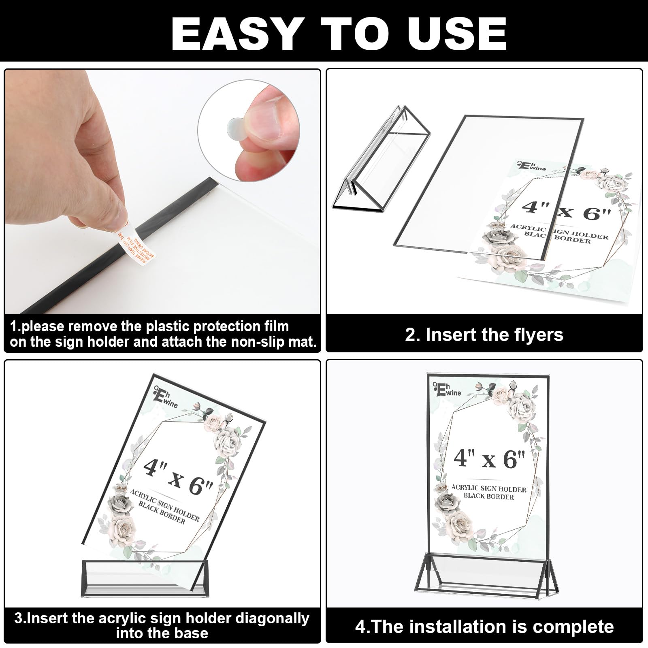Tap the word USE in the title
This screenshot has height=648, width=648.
point(457,33)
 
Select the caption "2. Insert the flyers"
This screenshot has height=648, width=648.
point(484,335)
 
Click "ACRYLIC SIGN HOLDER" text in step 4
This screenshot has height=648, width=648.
point(488,489)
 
